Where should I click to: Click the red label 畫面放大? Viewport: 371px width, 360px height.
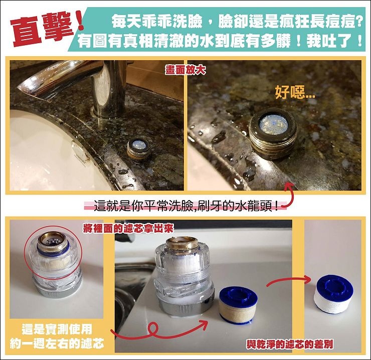185,70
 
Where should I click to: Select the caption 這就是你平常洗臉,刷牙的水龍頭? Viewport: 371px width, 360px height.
186,206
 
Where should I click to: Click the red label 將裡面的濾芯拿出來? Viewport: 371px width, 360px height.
128,229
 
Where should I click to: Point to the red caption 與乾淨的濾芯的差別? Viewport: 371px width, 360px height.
290,344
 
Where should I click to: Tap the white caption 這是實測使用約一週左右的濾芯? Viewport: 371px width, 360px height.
57,336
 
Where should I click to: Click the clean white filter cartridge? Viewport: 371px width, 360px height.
333,294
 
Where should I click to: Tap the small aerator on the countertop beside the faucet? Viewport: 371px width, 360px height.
138,150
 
